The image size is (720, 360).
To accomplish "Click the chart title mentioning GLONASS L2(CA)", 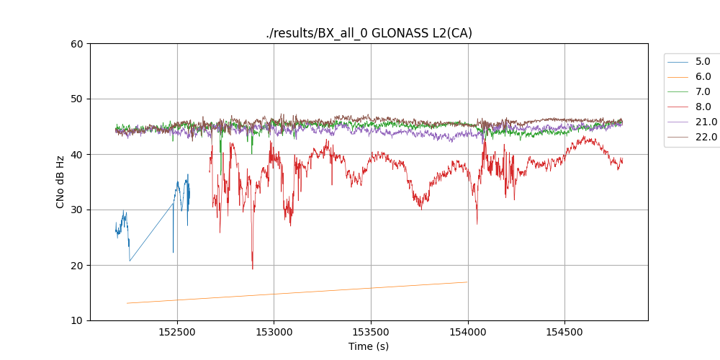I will pos(369,33).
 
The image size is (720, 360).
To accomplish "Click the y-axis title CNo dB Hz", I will pos(60,182).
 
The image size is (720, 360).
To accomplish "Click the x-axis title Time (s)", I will pos(369,346).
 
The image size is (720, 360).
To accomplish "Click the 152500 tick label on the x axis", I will pos(176,332).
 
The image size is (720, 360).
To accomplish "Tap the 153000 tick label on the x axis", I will pos(274,332).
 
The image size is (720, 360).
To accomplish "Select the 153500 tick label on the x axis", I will pos(371,332).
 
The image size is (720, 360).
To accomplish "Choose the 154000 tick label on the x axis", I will pos(468,332).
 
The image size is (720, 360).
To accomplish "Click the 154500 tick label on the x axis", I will pos(564,332).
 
